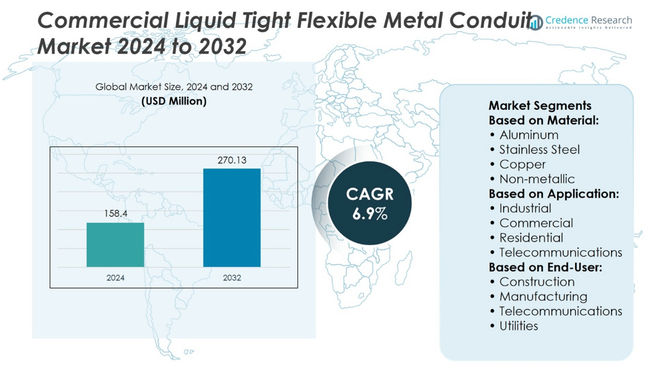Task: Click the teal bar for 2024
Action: [115, 245]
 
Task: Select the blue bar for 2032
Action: [232, 217]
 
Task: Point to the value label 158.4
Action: [115, 213]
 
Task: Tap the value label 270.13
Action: [232, 160]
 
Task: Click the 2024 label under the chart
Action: [115, 277]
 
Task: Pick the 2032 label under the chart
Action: [232, 277]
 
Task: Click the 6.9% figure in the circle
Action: [370, 214]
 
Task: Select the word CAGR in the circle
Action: [370, 194]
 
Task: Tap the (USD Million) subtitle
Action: [174, 101]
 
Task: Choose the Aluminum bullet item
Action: [529, 135]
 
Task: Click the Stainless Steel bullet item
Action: [539, 150]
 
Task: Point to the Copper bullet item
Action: [522, 164]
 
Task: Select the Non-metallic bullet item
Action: [537, 179]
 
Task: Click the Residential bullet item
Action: [531, 238]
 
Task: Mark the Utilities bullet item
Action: [519, 326]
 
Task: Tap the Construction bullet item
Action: [537, 282]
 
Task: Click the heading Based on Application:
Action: [553, 194]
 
